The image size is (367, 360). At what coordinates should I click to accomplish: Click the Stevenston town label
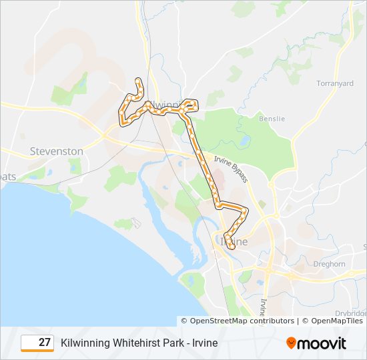[57, 151]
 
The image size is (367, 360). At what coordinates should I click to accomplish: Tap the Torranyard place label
[334, 83]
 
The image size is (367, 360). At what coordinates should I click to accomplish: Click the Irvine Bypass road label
[231, 170]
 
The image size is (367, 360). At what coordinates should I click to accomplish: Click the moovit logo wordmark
[322, 343]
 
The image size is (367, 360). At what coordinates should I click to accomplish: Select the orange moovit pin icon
[291, 343]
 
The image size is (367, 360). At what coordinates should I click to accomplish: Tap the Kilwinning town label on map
[164, 105]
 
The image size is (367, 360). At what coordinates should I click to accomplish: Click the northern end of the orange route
[139, 81]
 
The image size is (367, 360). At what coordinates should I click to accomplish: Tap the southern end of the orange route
[232, 247]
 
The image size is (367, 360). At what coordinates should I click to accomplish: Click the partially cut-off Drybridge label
[350, 312]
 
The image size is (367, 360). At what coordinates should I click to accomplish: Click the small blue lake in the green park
[246, 142]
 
